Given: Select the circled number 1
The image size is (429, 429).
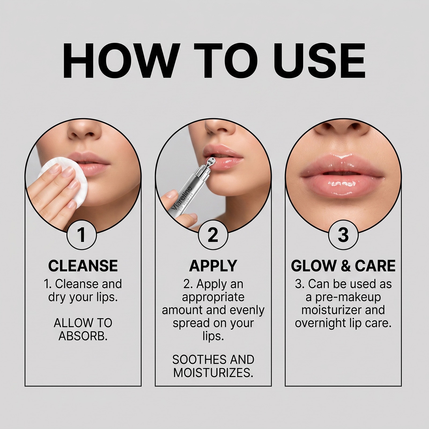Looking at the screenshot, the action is pos(82,235).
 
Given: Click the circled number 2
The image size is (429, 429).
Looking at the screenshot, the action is pos(213,235).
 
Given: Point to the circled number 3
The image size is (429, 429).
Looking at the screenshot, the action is pos(343,235).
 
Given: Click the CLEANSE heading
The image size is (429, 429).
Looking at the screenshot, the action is pos(83,266).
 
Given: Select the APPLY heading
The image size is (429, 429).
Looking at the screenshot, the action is pos(213,266).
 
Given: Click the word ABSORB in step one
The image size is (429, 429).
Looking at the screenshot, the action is pos(83,336).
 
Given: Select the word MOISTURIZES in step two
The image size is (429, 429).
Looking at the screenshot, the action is pos(213,373).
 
